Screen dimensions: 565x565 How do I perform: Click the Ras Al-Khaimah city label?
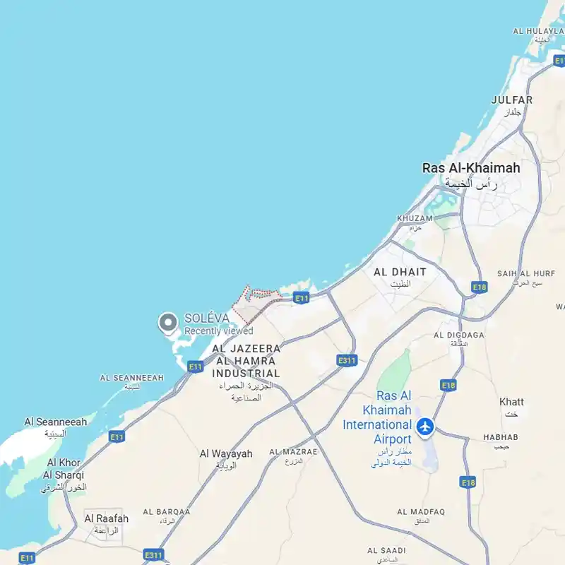click(470, 168)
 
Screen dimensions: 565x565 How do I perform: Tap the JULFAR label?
click(511, 100)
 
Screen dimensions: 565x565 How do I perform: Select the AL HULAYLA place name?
click(538, 31)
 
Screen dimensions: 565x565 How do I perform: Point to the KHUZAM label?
click(415, 219)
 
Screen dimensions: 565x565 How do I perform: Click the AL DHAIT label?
click(400, 272)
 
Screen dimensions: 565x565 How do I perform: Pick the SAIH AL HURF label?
click(525, 273)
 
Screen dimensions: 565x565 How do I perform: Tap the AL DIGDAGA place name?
click(459, 335)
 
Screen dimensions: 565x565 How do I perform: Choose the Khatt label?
click(511, 402)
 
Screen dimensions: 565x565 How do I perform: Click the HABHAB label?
click(501, 437)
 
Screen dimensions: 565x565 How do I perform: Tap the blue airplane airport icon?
click(425, 426)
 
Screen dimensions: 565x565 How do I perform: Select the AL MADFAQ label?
click(420, 511)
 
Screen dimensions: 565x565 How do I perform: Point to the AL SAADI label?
click(386, 550)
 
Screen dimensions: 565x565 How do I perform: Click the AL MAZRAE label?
click(293, 451)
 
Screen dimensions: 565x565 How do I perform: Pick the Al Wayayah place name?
click(226, 454)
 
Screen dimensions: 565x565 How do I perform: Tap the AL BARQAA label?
click(167, 511)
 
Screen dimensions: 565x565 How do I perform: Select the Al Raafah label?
click(107, 518)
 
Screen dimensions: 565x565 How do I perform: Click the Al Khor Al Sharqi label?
click(64, 469)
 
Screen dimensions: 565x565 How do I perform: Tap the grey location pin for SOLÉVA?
click(167, 323)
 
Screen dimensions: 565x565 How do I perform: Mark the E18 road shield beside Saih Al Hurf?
click(480, 287)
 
